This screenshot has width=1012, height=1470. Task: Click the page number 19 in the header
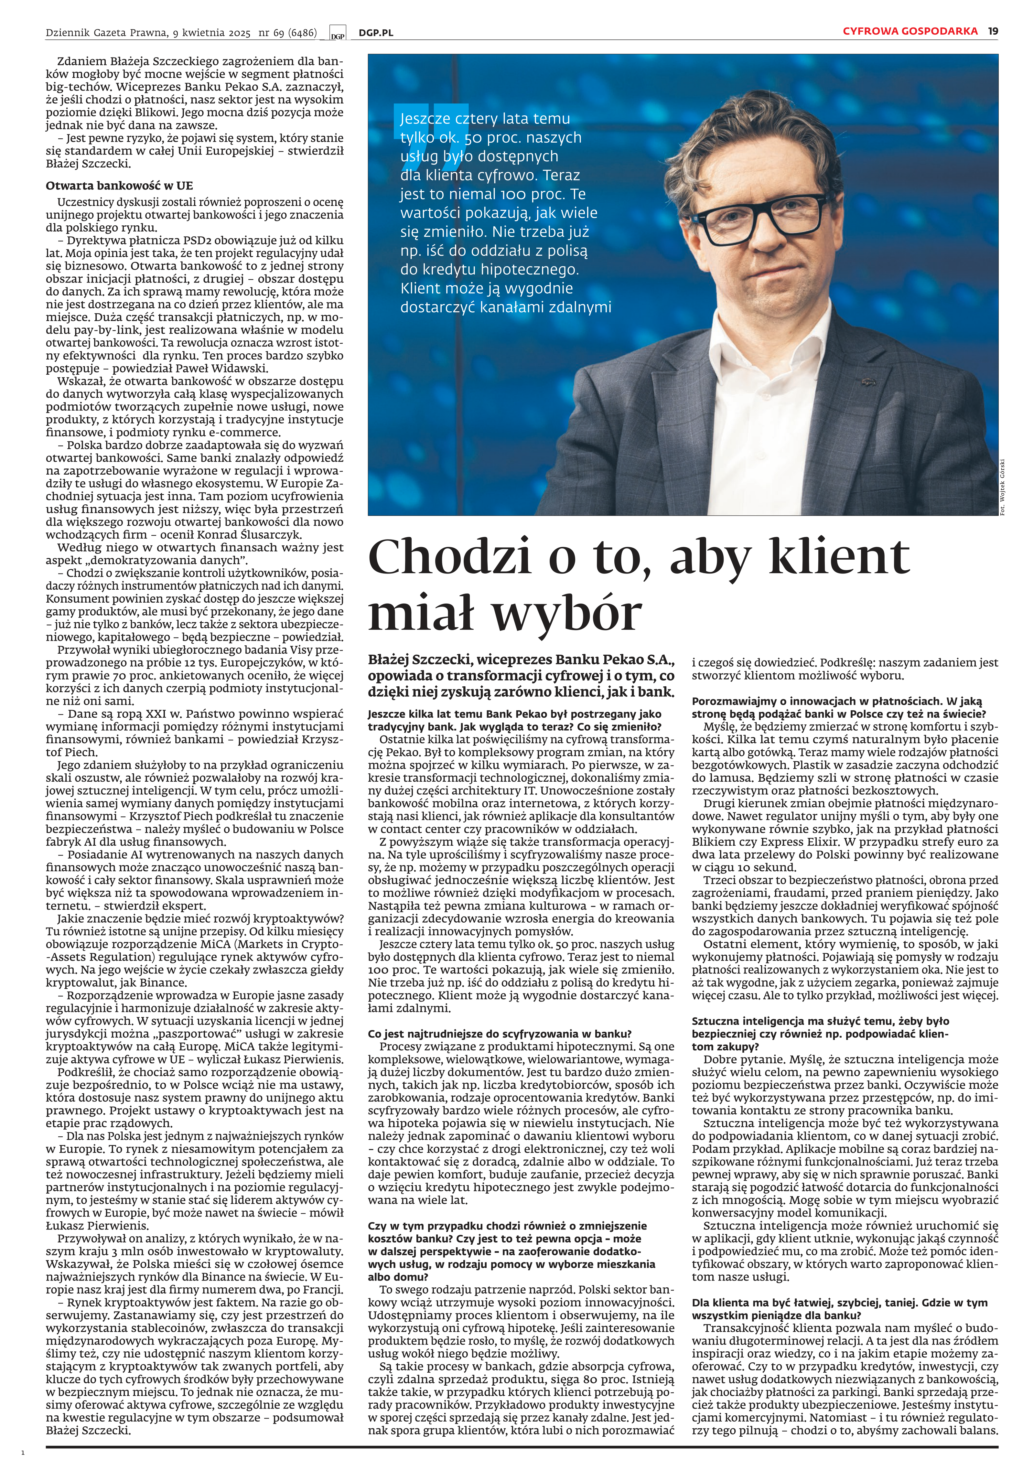(x=993, y=31)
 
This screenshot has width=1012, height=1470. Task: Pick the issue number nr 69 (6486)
(x=287, y=32)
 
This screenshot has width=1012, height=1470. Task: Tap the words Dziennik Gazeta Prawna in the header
(x=106, y=32)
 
